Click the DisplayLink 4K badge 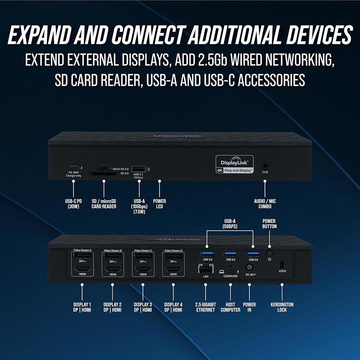click(234, 164)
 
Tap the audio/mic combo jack click(265, 166)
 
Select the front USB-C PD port click(73, 168)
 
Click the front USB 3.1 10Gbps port click(139, 168)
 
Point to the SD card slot click(104, 174)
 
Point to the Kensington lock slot click(282, 264)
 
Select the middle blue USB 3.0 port click(230, 253)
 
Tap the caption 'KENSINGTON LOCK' click(282, 307)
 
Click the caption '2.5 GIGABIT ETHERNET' click(206, 307)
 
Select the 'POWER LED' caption click(160, 204)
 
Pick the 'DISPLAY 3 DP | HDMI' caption click(143, 307)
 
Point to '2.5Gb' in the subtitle click(209, 60)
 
